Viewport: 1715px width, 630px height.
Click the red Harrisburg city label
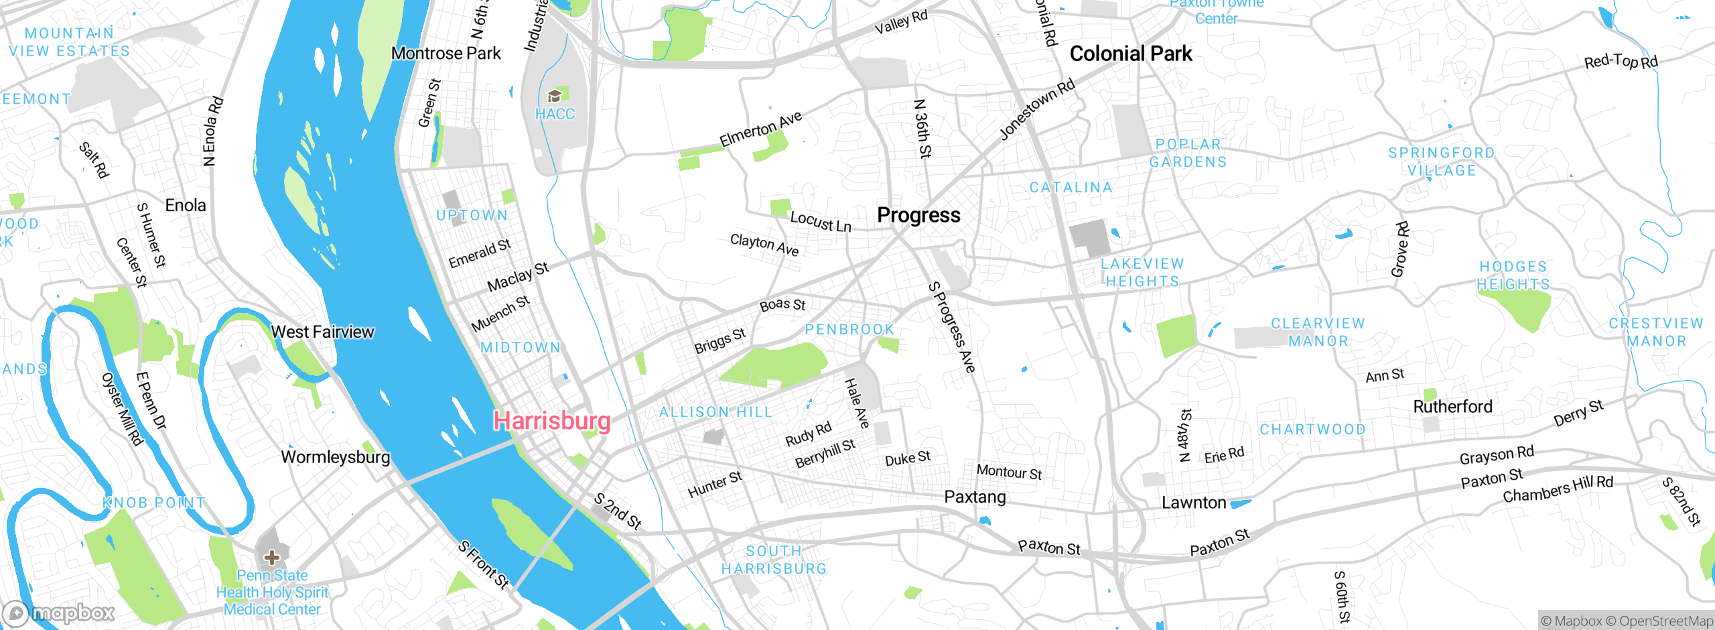552,421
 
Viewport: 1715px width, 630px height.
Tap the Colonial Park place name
1130,54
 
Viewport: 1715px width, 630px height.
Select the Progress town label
918,215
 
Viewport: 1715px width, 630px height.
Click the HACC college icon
555,97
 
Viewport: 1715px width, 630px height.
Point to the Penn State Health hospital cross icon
271,557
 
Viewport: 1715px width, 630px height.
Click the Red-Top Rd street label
1621,61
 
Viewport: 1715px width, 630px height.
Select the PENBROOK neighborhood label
849,329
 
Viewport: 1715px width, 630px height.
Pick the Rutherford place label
1452,406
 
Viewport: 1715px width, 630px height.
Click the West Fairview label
322,332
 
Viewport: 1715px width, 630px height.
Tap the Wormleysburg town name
335,457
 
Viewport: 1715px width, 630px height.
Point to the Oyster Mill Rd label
122,408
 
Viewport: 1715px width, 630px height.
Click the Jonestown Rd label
1037,109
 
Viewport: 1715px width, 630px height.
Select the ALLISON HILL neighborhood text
715,412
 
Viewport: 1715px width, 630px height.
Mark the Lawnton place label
1194,503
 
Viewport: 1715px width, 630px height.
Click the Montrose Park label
445,53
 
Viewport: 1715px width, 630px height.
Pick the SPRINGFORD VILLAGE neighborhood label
1441,162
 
